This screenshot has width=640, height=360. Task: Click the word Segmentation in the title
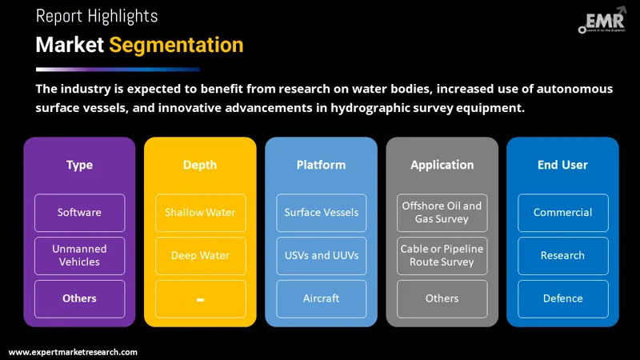click(176, 45)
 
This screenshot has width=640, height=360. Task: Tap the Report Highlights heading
click(97, 16)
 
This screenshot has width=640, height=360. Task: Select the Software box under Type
click(79, 213)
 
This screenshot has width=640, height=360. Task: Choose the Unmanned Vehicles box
click(79, 256)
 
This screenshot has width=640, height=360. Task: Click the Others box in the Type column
click(79, 298)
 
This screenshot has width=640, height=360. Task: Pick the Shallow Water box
click(200, 213)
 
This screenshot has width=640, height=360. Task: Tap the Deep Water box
click(200, 256)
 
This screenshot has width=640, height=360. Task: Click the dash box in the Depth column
click(200, 298)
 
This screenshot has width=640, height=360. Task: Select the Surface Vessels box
click(321, 213)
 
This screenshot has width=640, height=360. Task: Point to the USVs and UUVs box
click(321, 256)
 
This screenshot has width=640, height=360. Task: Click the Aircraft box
click(321, 298)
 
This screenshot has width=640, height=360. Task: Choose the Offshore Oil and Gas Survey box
click(442, 213)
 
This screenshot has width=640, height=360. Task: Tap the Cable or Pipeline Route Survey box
click(442, 256)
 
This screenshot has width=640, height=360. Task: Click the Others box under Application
click(442, 298)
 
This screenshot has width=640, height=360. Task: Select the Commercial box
click(562, 213)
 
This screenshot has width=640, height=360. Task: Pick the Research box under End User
click(562, 256)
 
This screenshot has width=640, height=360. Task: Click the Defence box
click(562, 298)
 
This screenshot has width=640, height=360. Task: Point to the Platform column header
click(321, 165)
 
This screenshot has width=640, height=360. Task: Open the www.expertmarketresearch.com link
click(73, 352)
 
